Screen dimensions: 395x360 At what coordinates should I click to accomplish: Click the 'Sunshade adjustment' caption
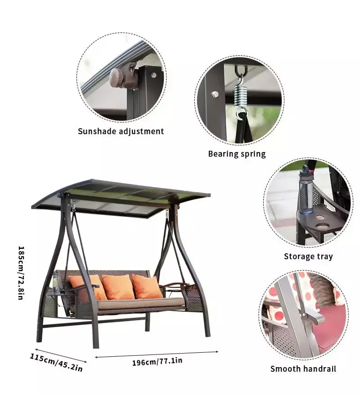point(121,131)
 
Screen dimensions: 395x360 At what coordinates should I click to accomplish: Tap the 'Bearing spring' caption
point(237,154)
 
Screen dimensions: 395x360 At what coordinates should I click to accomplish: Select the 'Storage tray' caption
point(308,256)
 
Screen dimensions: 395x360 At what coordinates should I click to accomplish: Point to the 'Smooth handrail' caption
point(303,369)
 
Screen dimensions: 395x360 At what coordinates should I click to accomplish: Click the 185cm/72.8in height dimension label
point(21,273)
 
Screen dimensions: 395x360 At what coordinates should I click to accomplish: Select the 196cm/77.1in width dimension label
point(157,360)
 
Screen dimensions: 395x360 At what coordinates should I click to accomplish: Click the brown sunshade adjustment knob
point(120,77)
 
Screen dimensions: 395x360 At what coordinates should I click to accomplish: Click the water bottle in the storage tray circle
point(306,189)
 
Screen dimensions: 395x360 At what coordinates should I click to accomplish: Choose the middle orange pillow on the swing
point(118,287)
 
